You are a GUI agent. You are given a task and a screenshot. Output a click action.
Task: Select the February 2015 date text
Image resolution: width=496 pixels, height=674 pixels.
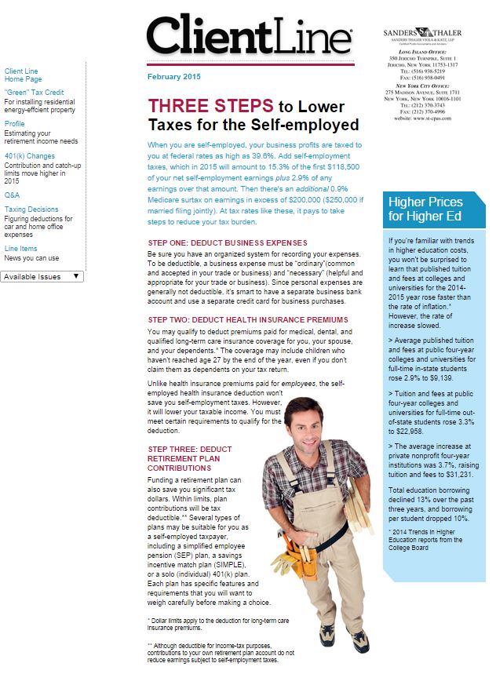[173, 77]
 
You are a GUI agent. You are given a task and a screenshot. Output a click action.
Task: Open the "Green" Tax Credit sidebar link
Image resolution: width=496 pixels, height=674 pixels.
[34, 92]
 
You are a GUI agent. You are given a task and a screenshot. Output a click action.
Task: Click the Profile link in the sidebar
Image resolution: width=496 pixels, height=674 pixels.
[15, 124]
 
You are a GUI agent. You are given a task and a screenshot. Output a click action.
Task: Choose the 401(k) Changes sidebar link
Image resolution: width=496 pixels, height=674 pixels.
[30, 156]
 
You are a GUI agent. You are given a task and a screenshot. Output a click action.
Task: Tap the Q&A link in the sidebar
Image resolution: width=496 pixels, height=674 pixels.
[12, 194]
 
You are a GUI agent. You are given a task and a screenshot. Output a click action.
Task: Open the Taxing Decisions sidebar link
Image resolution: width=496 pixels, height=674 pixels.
[31, 209]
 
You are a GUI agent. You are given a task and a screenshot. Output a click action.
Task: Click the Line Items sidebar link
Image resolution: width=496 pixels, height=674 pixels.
[22, 249]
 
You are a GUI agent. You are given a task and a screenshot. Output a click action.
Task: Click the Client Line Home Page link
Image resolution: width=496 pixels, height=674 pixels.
[23, 75]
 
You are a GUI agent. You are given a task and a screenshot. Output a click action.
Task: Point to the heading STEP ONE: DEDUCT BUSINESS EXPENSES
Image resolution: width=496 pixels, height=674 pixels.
[227, 242]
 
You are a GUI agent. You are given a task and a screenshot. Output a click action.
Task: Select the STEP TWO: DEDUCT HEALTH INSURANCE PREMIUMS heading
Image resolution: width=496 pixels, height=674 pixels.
[247, 319]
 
